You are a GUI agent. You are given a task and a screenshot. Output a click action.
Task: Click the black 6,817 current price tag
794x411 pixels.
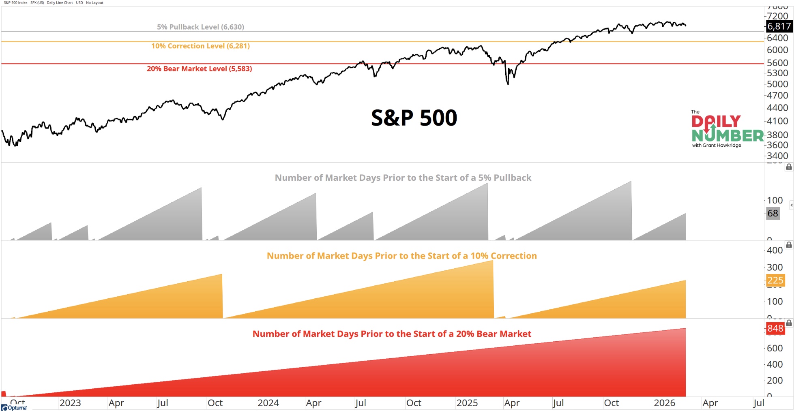point(779,26)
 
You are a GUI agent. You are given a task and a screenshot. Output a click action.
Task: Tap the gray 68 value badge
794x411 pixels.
point(773,213)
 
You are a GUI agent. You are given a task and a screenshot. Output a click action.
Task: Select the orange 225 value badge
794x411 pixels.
point(775,280)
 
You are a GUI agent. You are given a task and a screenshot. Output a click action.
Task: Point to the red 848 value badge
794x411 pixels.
point(775,328)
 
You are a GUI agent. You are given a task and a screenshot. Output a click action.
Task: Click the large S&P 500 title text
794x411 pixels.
point(414,118)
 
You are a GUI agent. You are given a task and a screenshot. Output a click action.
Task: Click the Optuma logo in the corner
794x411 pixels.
point(14,407)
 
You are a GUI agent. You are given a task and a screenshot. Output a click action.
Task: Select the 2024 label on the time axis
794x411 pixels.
point(268,403)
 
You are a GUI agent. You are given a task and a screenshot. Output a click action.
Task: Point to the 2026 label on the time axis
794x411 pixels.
point(664,403)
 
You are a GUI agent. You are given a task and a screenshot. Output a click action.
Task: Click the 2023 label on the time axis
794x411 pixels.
point(70,403)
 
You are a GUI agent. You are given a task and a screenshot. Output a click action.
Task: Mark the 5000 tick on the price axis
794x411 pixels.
point(777,84)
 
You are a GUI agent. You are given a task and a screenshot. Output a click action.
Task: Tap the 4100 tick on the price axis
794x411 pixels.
point(777,121)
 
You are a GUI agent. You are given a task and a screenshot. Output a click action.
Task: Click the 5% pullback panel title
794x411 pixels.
point(403,178)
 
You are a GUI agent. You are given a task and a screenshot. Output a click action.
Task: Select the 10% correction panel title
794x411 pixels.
point(401,256)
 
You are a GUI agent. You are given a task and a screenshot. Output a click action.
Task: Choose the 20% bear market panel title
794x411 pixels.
point(392,334)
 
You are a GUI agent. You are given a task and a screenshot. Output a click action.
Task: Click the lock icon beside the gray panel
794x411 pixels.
point(789,167)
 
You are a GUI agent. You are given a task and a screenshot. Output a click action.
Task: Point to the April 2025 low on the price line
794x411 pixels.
point(508,83)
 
